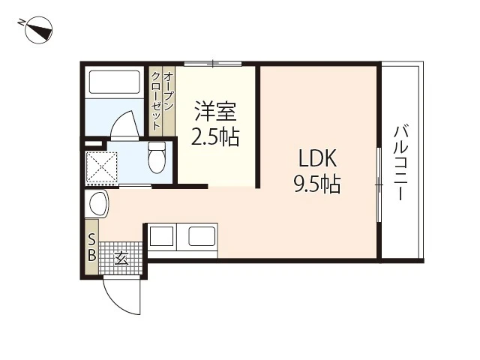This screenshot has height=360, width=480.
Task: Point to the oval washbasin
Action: coord(98,203)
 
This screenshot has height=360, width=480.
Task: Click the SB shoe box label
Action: coord(91,247)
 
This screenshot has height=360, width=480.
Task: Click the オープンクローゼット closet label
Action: coord(162,99)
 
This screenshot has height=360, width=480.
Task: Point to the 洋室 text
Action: coord(216,112)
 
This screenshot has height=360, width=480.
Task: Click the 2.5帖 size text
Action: coord(216,137)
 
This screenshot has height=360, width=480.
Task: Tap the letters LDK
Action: coord(318,159)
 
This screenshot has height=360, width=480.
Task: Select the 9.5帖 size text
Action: coord(317,184)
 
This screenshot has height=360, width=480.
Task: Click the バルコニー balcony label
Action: coord(400,162)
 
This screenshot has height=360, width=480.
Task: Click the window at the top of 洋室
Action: coord(213,64)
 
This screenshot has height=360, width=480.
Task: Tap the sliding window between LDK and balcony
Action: coord(379,184)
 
